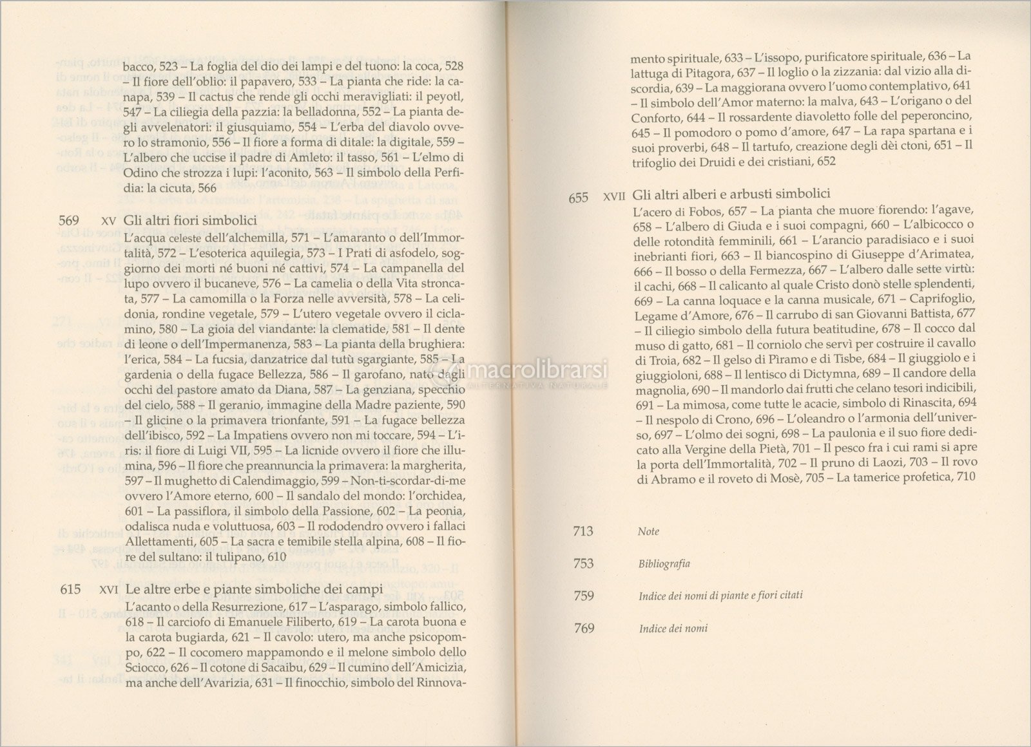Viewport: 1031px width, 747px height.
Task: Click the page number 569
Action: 69,220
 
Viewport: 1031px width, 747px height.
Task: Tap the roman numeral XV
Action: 109,221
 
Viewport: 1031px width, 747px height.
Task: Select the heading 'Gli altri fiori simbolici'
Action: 191,220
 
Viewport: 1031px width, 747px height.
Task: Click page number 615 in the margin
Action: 69,589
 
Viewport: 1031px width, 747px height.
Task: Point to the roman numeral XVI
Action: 109,590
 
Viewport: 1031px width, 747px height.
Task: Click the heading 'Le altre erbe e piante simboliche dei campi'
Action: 254,589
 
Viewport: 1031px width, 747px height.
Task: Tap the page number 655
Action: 578,198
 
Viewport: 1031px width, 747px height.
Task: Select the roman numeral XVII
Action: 615,198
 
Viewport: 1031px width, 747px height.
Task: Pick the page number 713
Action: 583,531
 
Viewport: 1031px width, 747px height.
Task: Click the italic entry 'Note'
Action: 648,532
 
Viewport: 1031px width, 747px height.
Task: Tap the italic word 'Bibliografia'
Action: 664,563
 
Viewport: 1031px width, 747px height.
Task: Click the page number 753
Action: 583,563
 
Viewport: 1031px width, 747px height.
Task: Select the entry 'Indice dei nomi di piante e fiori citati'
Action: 720,596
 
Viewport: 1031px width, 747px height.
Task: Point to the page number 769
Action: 583,628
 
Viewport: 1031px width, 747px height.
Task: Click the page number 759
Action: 583,596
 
